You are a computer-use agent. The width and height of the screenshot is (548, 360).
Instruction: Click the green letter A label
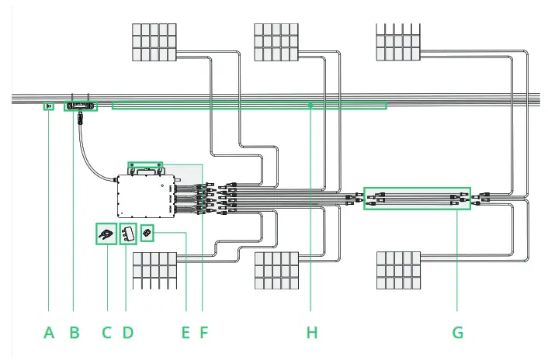(x=49, y=333)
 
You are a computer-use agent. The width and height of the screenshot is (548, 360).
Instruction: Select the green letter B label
(x=75, y=333)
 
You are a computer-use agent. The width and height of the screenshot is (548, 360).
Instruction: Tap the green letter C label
(x=107, y=333)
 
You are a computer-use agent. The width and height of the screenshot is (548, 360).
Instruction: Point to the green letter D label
(x=128, y=333)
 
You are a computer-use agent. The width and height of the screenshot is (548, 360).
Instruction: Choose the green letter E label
(x=186, y=333)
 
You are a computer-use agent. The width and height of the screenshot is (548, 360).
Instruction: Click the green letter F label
(x=204, y=333)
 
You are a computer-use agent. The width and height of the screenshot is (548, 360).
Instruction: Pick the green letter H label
(x=312, y=333)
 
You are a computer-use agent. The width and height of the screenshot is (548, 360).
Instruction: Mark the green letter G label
(x=457, y=333)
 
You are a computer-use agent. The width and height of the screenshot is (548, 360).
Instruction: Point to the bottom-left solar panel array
(x=161, y=270)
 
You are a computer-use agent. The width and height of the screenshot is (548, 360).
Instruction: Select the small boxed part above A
(x=48, y=106)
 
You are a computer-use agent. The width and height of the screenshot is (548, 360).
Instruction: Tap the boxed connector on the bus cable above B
(x=81, y=105)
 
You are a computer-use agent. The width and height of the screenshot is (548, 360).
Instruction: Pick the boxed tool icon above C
(x=106, y=234)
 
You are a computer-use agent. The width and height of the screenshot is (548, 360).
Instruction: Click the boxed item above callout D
(x=129, y=234)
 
